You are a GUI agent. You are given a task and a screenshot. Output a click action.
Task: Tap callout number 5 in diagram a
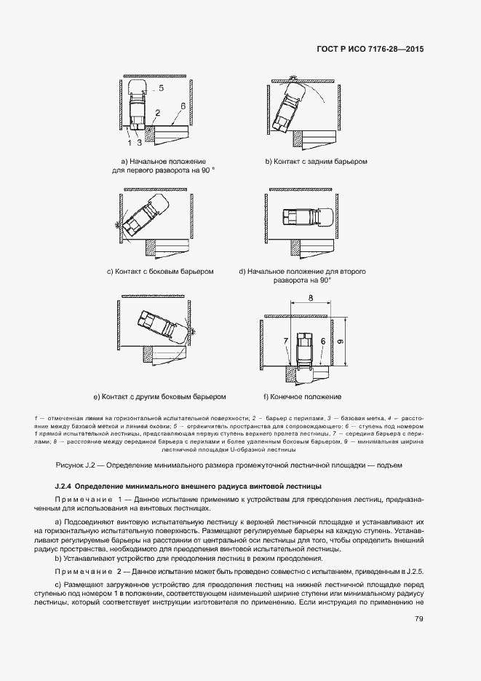tap(160, 87)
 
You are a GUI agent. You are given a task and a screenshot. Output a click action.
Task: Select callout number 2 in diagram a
tap(157, 113)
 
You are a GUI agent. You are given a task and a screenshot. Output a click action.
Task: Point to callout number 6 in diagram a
tap(183, 106)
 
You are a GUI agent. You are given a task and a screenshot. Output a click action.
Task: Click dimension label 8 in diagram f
tap(310, 298)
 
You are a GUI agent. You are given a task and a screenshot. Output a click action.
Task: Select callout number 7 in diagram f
tap(286, 341)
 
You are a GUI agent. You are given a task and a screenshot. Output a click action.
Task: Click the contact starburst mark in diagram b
tap(291, 76)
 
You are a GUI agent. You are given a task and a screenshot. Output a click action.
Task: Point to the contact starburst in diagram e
tap(193, 331)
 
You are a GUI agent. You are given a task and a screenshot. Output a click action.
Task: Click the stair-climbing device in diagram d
tap(306, 217)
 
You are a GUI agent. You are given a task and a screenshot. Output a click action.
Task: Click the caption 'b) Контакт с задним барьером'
tap(316, 161)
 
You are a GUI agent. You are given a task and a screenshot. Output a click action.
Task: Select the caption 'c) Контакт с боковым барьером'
tap(159, 272)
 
